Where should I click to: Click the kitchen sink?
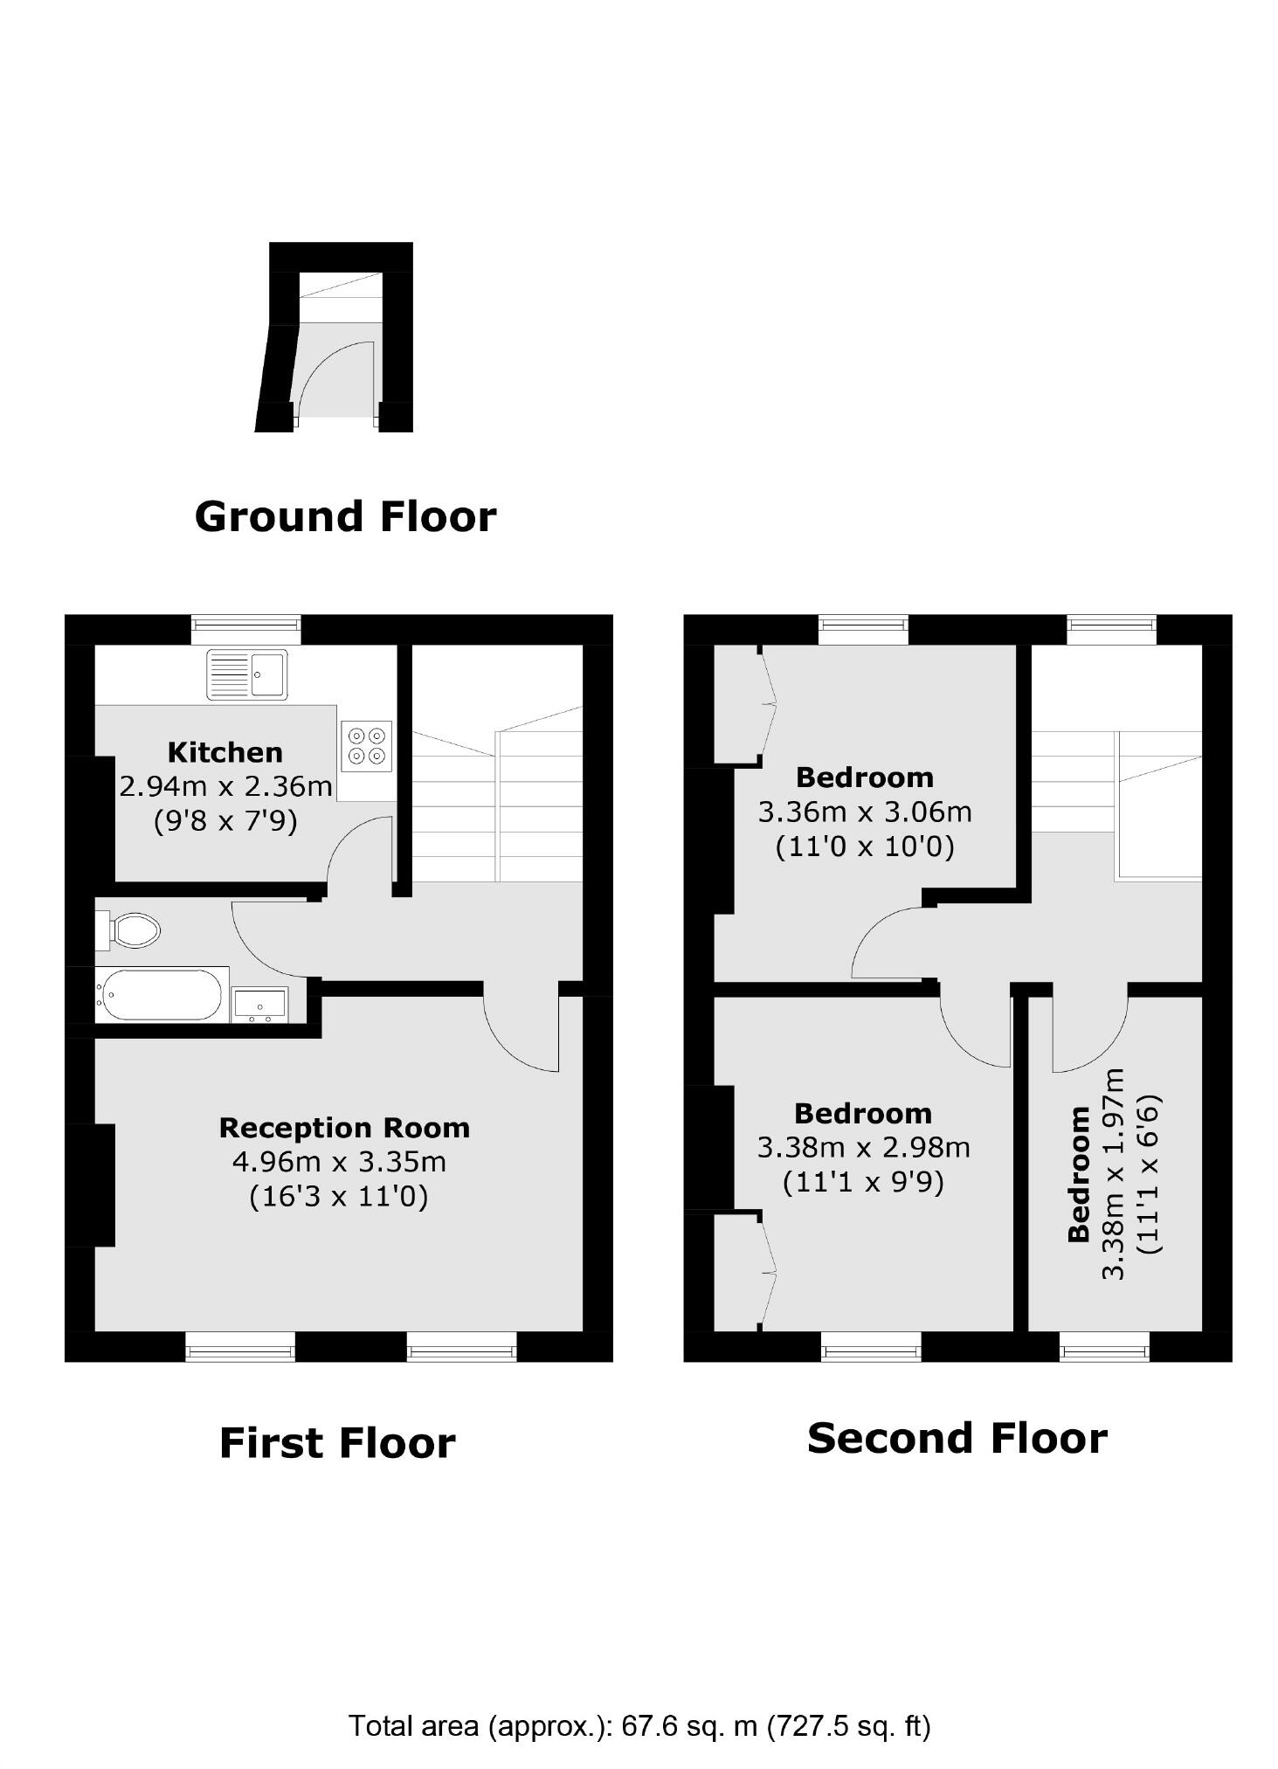[246, 674]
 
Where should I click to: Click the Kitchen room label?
[225, 752]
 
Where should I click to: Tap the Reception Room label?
[344, 1128]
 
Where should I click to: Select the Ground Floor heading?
[345, 516]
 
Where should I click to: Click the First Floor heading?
[337, 1442]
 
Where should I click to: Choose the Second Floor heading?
[957, 1438]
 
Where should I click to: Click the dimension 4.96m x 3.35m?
[339, 1162]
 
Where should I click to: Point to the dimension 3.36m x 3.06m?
[864, 812]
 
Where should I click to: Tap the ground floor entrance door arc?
[335, 376]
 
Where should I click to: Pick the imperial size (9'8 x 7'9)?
[225, 821]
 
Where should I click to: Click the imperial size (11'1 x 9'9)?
[863, 1182]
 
